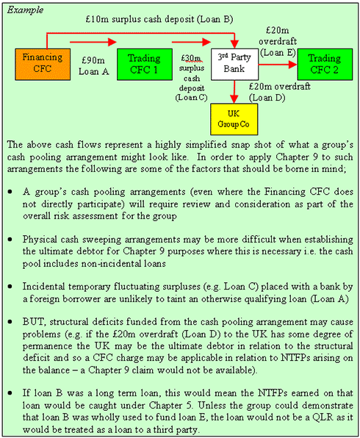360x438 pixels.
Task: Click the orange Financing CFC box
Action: click(43, 65)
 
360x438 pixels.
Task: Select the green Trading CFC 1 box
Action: click(145, 65)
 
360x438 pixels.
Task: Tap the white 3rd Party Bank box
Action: click(234, 65)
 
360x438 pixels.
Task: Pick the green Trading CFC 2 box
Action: click(325, 65)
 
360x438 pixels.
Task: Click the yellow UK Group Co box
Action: click(234, 119)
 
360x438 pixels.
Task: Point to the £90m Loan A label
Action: click(93, 66)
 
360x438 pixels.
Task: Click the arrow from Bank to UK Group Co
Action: click(234, 92)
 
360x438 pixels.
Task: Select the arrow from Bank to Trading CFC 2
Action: click(278, 65)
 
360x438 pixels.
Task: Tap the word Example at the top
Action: click(25, 10)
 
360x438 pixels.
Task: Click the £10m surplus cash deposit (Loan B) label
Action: click(159, 19)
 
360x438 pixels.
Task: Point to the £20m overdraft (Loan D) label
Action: click(279, 92)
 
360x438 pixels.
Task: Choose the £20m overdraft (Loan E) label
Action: click(278, 42)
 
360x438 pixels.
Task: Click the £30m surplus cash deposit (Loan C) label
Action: click(192, 78)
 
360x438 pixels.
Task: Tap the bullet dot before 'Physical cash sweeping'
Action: click(10, 239)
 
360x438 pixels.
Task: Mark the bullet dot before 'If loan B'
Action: click(10, 393)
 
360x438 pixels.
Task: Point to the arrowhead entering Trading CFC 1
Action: click(112, 42)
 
